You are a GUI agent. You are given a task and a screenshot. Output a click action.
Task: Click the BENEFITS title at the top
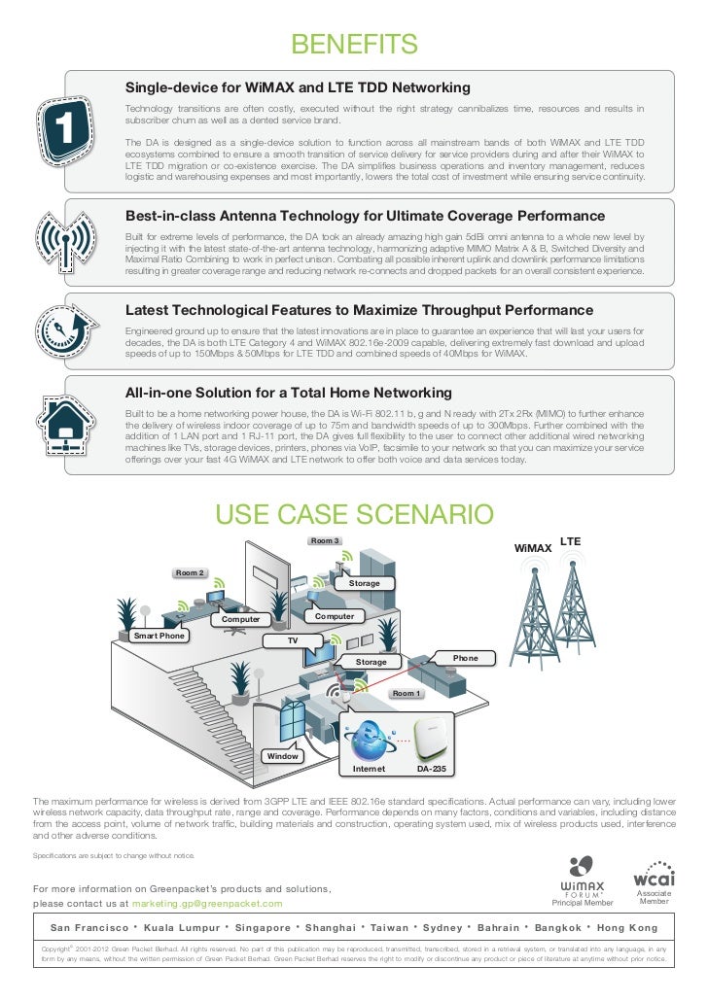[354, 45]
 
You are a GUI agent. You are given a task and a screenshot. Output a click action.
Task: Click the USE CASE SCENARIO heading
[354, 514]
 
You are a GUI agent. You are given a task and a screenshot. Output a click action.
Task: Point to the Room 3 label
[324, 540]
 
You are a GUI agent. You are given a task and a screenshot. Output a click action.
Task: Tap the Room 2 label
[189, 573]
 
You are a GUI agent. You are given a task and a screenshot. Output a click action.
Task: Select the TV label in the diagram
[290, 641]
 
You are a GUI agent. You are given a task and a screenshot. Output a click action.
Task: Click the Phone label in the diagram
[466, 658]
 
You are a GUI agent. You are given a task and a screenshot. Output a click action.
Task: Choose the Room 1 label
[406, 694]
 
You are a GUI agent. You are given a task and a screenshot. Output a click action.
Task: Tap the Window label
[283, 755]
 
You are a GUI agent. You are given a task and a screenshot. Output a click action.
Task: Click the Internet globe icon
[369, 739]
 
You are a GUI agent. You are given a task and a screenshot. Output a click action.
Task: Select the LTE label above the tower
[571, 539]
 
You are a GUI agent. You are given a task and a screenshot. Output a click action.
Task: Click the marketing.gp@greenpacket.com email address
[207, 904]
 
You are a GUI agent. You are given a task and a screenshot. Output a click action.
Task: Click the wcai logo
[653, 872]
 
